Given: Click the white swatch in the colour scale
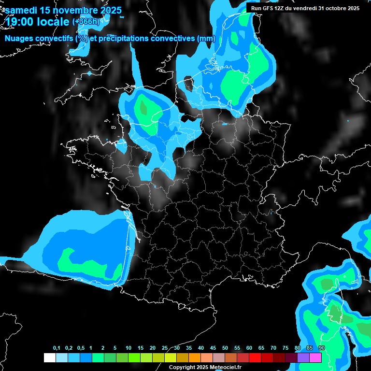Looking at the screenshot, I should pyautogui.click(x=50, y=357).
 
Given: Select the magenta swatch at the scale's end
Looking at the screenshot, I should pyautogui.click(x=315, y=357).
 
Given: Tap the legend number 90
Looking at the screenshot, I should pyautogui.click(x=322, y=348).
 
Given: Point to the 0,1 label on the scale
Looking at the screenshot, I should pyautogui.click(x=57, y=348).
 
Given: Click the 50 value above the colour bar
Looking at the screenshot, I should pyautogui.click(x=225, y=348).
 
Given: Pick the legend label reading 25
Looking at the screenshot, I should pyautogui.click(x=165, y=348).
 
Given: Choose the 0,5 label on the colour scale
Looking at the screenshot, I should pyautogui.click(x=81, y=348).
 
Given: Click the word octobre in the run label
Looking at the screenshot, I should pyautogui.click(x=330, y=8).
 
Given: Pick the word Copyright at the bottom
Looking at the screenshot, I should pyautogui.click(x=183, y=367).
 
